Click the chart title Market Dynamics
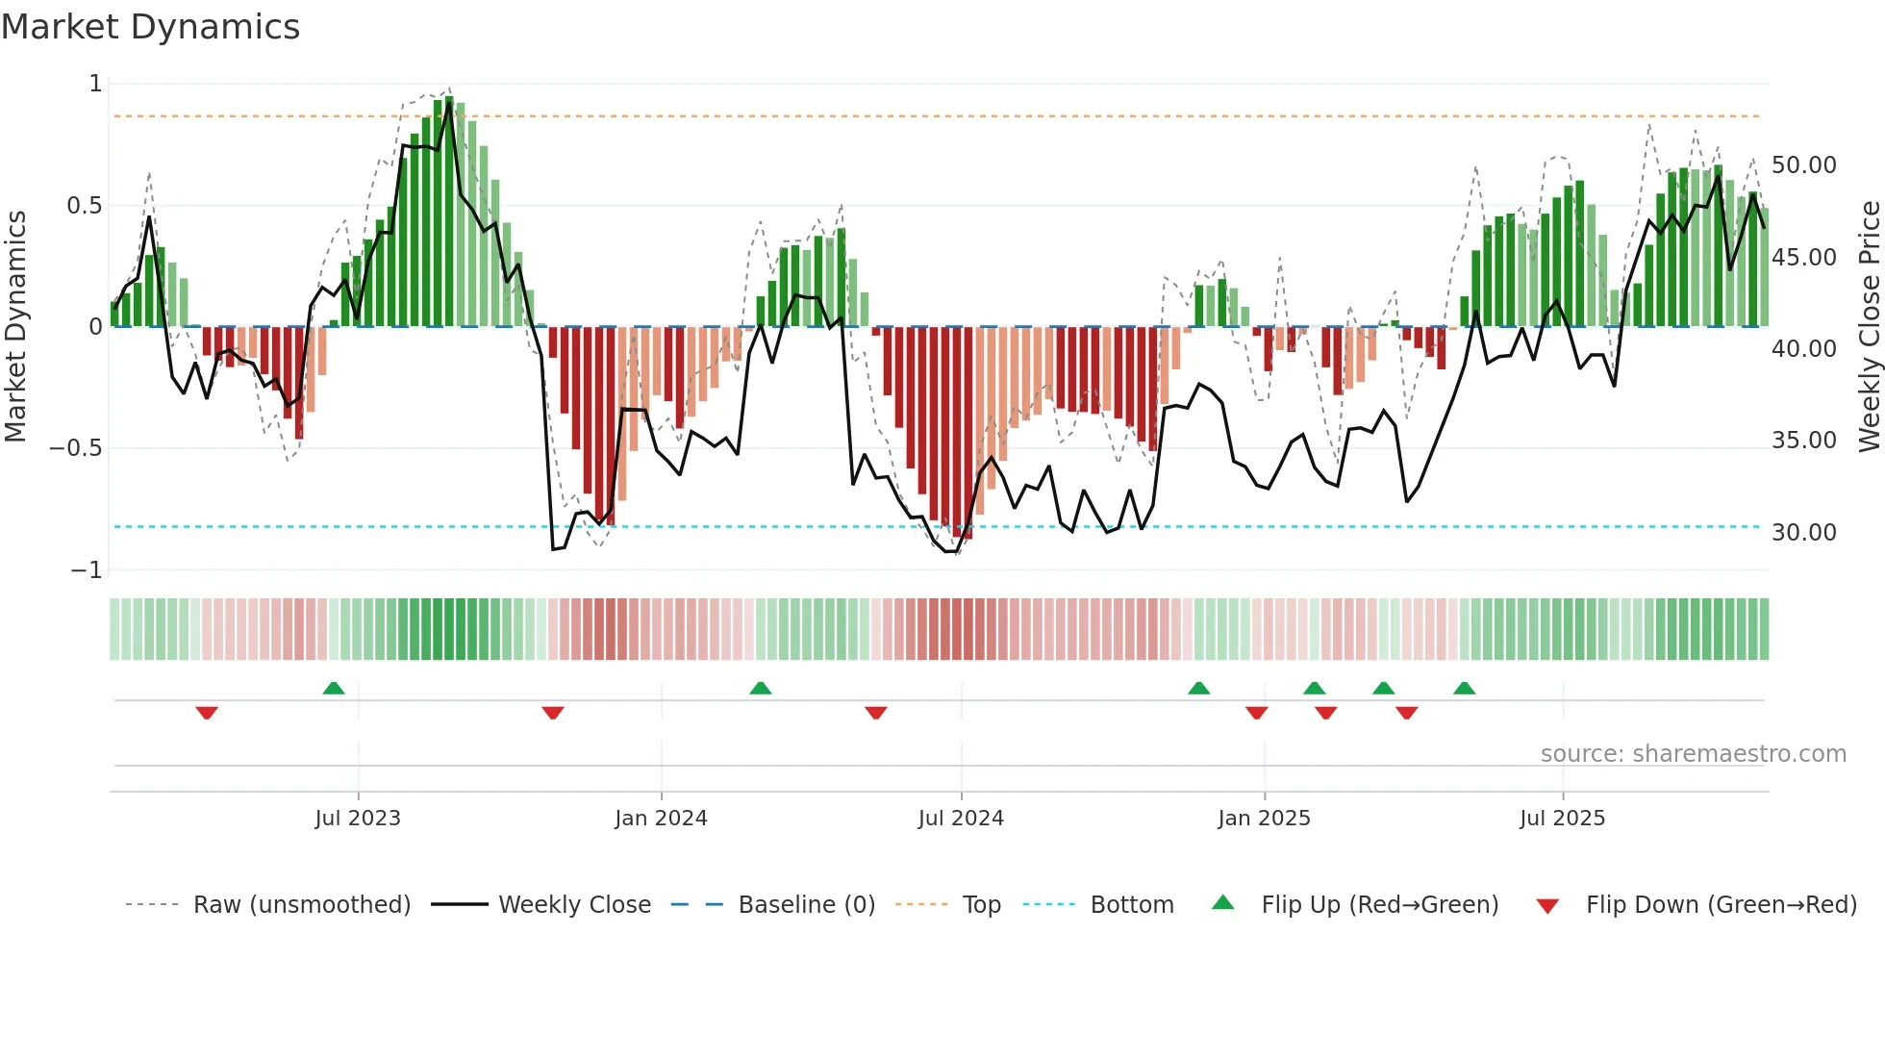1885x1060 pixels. (x=150, y=27)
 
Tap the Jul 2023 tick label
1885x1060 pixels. (x=358, y=819)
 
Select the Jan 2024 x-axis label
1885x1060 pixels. (x=661, y=819)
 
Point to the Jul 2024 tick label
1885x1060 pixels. (x=961, y=819)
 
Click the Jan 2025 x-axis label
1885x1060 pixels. (x=1264, y=819)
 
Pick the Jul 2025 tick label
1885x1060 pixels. (x=1562, y=819)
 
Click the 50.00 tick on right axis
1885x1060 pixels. (x=1803, y=165)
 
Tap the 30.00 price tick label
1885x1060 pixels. (x=1803, y=533)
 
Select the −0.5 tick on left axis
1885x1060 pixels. (x=75, y=448)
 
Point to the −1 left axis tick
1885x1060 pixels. (x=86, y=570)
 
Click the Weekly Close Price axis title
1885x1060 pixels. (x=1869, y=327)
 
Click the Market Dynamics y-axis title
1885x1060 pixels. (x=15, y=327)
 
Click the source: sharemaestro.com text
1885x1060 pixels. (x=1693, y=754)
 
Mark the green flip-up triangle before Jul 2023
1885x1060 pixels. (x=334, y=689)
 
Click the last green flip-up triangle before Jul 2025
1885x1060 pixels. (x=1464, y=689)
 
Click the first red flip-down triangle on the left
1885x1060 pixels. (x=207, y=713)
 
